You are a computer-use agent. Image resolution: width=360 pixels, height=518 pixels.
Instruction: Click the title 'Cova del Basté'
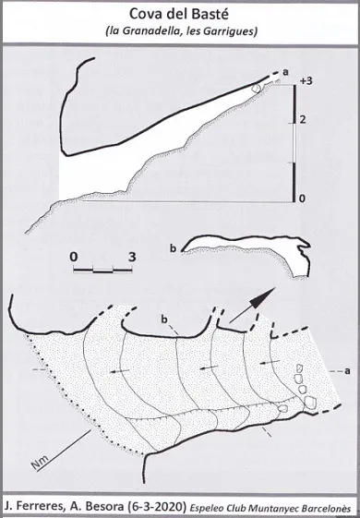pyautogui.click(x=179, y=14)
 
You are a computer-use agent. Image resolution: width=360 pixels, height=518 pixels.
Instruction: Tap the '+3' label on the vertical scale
pyautogui.click(x=306, y=81)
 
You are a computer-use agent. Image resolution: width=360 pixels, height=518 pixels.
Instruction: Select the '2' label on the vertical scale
pyautogui.click(x=302, y=120)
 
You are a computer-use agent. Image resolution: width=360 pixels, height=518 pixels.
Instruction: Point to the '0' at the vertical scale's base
pyautogui.click(x=302, y=199)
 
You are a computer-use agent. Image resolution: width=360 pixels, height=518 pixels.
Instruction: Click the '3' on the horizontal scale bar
pyautogui.click(x=132, y=257)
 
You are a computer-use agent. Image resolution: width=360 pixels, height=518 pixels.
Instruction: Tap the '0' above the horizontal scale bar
pyautogui.click(x=74, y=257)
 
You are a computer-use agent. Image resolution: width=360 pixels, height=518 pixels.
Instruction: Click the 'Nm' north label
pyautogui.click(x=41, y=462)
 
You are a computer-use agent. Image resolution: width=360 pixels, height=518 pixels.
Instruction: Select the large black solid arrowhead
pyautogui.click(x=261, y=298)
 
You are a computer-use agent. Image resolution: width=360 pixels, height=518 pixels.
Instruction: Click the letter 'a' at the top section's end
pyautogui.click(x=285, y=72)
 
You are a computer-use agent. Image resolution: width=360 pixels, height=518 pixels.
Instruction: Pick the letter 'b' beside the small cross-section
pyautogui.click(x=173, y=248)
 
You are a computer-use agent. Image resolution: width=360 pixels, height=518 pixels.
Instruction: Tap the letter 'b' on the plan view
pyautogui.click(x=164, y=319)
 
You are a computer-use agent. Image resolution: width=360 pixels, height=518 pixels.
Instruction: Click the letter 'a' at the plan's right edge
pyautogui.click(x=347, y=371)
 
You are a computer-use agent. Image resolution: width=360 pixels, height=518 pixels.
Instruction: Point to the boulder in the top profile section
pyautogui.click(x=257, y=89)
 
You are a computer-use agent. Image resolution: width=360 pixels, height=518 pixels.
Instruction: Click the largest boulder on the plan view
pyautogui.click(x=310, y=403)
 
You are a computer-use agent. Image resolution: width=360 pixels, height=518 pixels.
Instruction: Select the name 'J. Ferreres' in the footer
pyautogui.click(x=28, y=506)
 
